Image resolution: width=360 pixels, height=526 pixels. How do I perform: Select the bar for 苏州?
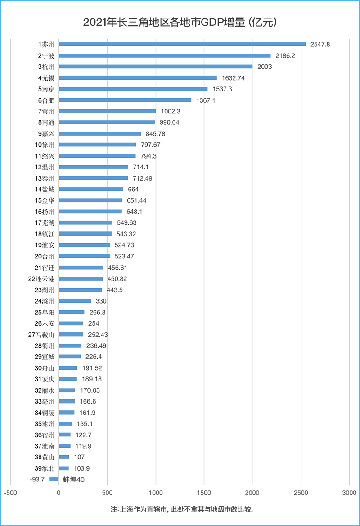point(182,44)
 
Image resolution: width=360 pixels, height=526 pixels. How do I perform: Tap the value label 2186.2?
point(286,55)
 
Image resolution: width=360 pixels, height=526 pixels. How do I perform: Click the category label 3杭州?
point(46,67)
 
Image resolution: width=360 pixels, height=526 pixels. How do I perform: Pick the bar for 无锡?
point(138,78)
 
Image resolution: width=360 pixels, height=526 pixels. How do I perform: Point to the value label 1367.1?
point(206,100)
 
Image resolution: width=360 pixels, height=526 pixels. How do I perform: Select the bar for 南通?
point(107,122)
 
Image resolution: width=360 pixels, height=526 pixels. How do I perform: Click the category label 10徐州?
point(45,145)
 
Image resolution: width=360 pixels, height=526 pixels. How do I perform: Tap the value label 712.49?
point(143,178)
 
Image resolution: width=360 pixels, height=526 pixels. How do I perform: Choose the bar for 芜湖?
point(85,223)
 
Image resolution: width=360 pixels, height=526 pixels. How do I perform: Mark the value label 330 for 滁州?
point(101,301)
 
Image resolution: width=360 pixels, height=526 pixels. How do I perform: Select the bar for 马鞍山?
point(71,335)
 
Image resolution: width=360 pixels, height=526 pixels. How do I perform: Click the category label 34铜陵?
point(45,413)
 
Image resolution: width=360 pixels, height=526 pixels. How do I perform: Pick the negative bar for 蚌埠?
point(54,480)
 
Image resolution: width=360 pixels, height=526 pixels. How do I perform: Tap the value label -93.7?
point(37,480)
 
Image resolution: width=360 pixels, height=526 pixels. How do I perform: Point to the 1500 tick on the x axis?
point(204,493)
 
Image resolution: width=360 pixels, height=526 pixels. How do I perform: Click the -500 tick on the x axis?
point(10,493)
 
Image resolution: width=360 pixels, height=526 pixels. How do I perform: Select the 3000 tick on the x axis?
point(349,493)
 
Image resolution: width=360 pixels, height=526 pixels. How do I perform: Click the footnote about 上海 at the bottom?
point(180,510)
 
